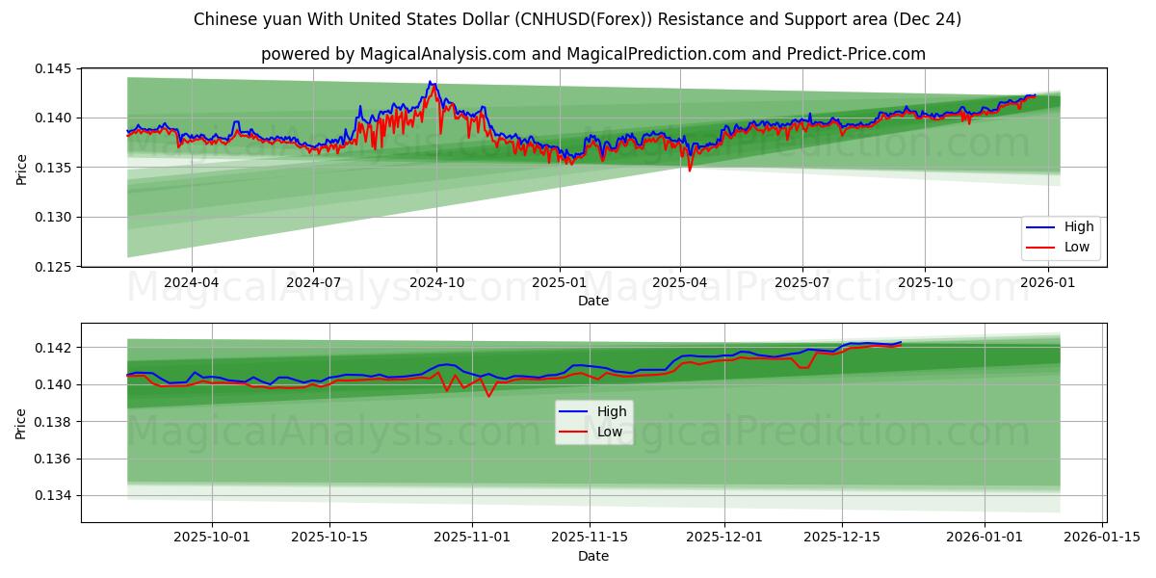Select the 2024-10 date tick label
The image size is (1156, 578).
click(x=435, y=282)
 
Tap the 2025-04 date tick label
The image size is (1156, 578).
click(x=680, y=282)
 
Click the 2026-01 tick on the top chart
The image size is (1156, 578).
click(x=1047, y=282)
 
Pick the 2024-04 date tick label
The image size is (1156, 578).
click(x=191, y=282)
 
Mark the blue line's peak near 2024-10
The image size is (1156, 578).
click(x=430, y=82)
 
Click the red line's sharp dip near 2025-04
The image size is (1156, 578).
click(x=689, y=171)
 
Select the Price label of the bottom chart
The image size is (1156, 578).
click(x=21, y=423)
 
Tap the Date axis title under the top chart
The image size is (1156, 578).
click(x=592, y=301)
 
